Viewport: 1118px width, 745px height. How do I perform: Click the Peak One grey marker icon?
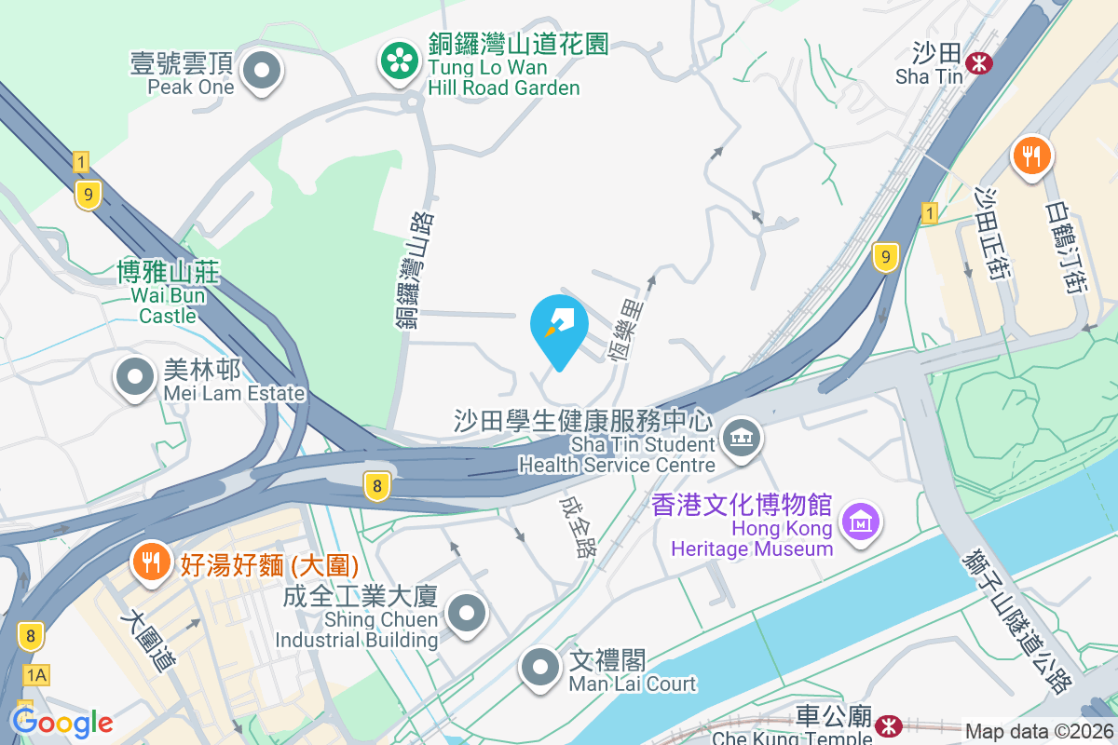(262, 71)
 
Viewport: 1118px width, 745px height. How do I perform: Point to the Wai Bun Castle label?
(168, 293)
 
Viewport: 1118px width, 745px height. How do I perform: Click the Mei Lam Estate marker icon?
(136, 378)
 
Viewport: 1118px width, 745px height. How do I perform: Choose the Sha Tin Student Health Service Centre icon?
(741, 437)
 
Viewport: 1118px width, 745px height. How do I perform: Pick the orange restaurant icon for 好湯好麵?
(149, 562)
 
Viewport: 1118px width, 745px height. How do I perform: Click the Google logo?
(61, 723)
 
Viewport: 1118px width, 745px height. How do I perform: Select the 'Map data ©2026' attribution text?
(1038, 732)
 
